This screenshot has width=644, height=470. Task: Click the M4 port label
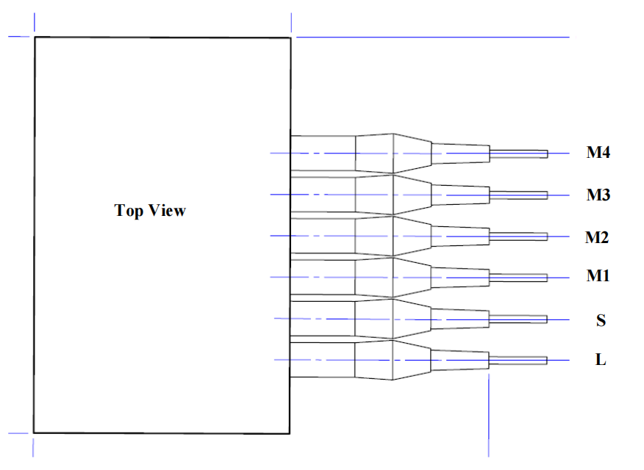[598, 153]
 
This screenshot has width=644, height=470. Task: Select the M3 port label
[598, 195]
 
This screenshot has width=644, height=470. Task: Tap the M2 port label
[597, 237]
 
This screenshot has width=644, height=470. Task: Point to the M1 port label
[598, 276]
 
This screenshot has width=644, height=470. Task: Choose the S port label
[601, 320]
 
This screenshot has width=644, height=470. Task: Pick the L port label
[601, 361]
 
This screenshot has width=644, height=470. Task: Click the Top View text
[150, 211]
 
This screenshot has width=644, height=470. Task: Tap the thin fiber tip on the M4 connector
[518, 153]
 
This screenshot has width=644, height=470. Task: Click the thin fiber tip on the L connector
[518, 361]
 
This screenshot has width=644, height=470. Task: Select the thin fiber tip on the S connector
[518, 319]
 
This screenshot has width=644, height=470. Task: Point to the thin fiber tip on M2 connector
[518, 236]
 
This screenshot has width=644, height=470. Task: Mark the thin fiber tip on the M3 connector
[518, 195]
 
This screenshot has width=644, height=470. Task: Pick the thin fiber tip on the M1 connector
[518, 278]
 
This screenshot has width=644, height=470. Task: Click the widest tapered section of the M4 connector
[375, 153]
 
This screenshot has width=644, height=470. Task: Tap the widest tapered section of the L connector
[375, 360]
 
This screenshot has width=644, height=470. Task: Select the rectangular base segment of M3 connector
[323, 195]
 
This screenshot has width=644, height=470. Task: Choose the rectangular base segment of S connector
[323, 319]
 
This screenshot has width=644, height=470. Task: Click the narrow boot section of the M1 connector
[459, 278]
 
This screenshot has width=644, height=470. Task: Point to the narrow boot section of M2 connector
[459, 236]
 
